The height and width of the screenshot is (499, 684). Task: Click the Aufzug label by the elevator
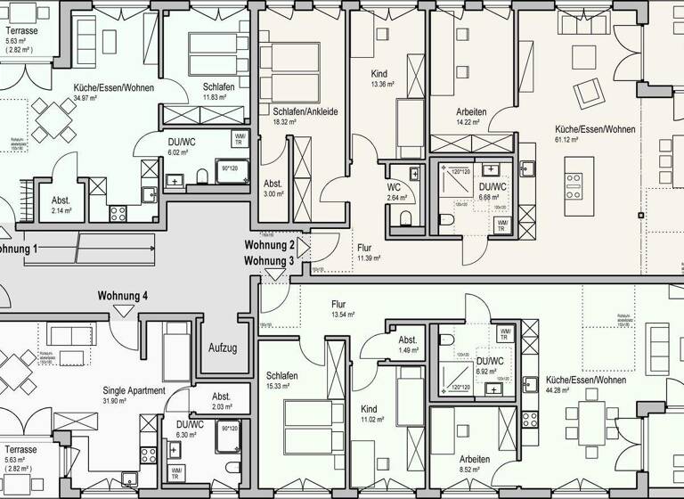pos(223,348)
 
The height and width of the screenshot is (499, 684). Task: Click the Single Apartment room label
pos(134,390)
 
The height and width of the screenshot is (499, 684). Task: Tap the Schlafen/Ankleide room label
pos(305,110)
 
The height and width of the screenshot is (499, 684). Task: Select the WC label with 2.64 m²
pos(394,187)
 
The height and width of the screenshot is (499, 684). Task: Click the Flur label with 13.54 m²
pos(338,303)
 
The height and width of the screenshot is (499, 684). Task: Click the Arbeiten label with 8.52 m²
pos(476,459)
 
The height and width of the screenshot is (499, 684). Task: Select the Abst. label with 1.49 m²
pos(408,340)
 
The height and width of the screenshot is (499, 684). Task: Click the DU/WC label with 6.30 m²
pos(191,424)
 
